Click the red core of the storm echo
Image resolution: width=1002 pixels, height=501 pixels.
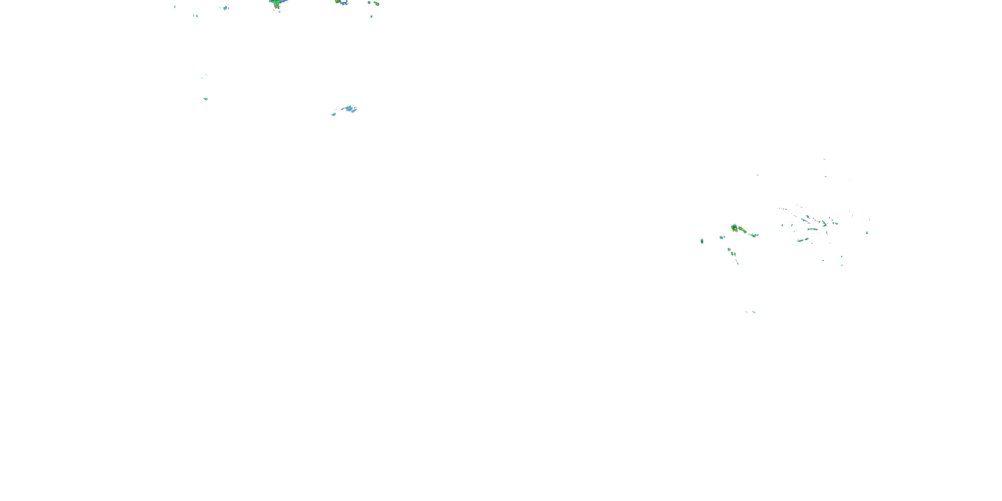276,6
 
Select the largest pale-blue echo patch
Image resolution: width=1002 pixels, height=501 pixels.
349,108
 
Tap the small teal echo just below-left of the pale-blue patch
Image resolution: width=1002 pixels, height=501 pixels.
333,114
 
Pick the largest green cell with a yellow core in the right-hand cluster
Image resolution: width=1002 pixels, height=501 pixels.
734,228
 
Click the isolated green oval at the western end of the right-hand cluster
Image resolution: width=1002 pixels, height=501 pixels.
702,241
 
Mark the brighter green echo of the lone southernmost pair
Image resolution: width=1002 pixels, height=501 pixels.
754,312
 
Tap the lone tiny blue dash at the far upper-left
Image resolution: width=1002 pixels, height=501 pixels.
175,7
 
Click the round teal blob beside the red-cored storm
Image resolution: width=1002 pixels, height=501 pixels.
225,8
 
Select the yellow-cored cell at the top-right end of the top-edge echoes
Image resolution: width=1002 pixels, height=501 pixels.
376,4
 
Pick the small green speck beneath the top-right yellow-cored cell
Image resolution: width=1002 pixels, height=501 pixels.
371,16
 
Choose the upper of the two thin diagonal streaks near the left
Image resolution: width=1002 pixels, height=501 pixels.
206,74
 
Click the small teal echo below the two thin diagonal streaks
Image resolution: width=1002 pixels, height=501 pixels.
205,99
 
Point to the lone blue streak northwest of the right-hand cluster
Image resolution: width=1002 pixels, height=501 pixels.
757,175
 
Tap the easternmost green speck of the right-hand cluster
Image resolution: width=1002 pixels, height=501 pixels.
867,232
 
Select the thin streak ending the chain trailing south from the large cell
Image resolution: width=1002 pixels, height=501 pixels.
737,263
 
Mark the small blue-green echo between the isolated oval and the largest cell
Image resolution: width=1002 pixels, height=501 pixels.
722,237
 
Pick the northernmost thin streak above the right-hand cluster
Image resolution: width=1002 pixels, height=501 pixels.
824,159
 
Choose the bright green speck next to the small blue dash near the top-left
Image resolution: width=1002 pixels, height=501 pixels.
197,16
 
